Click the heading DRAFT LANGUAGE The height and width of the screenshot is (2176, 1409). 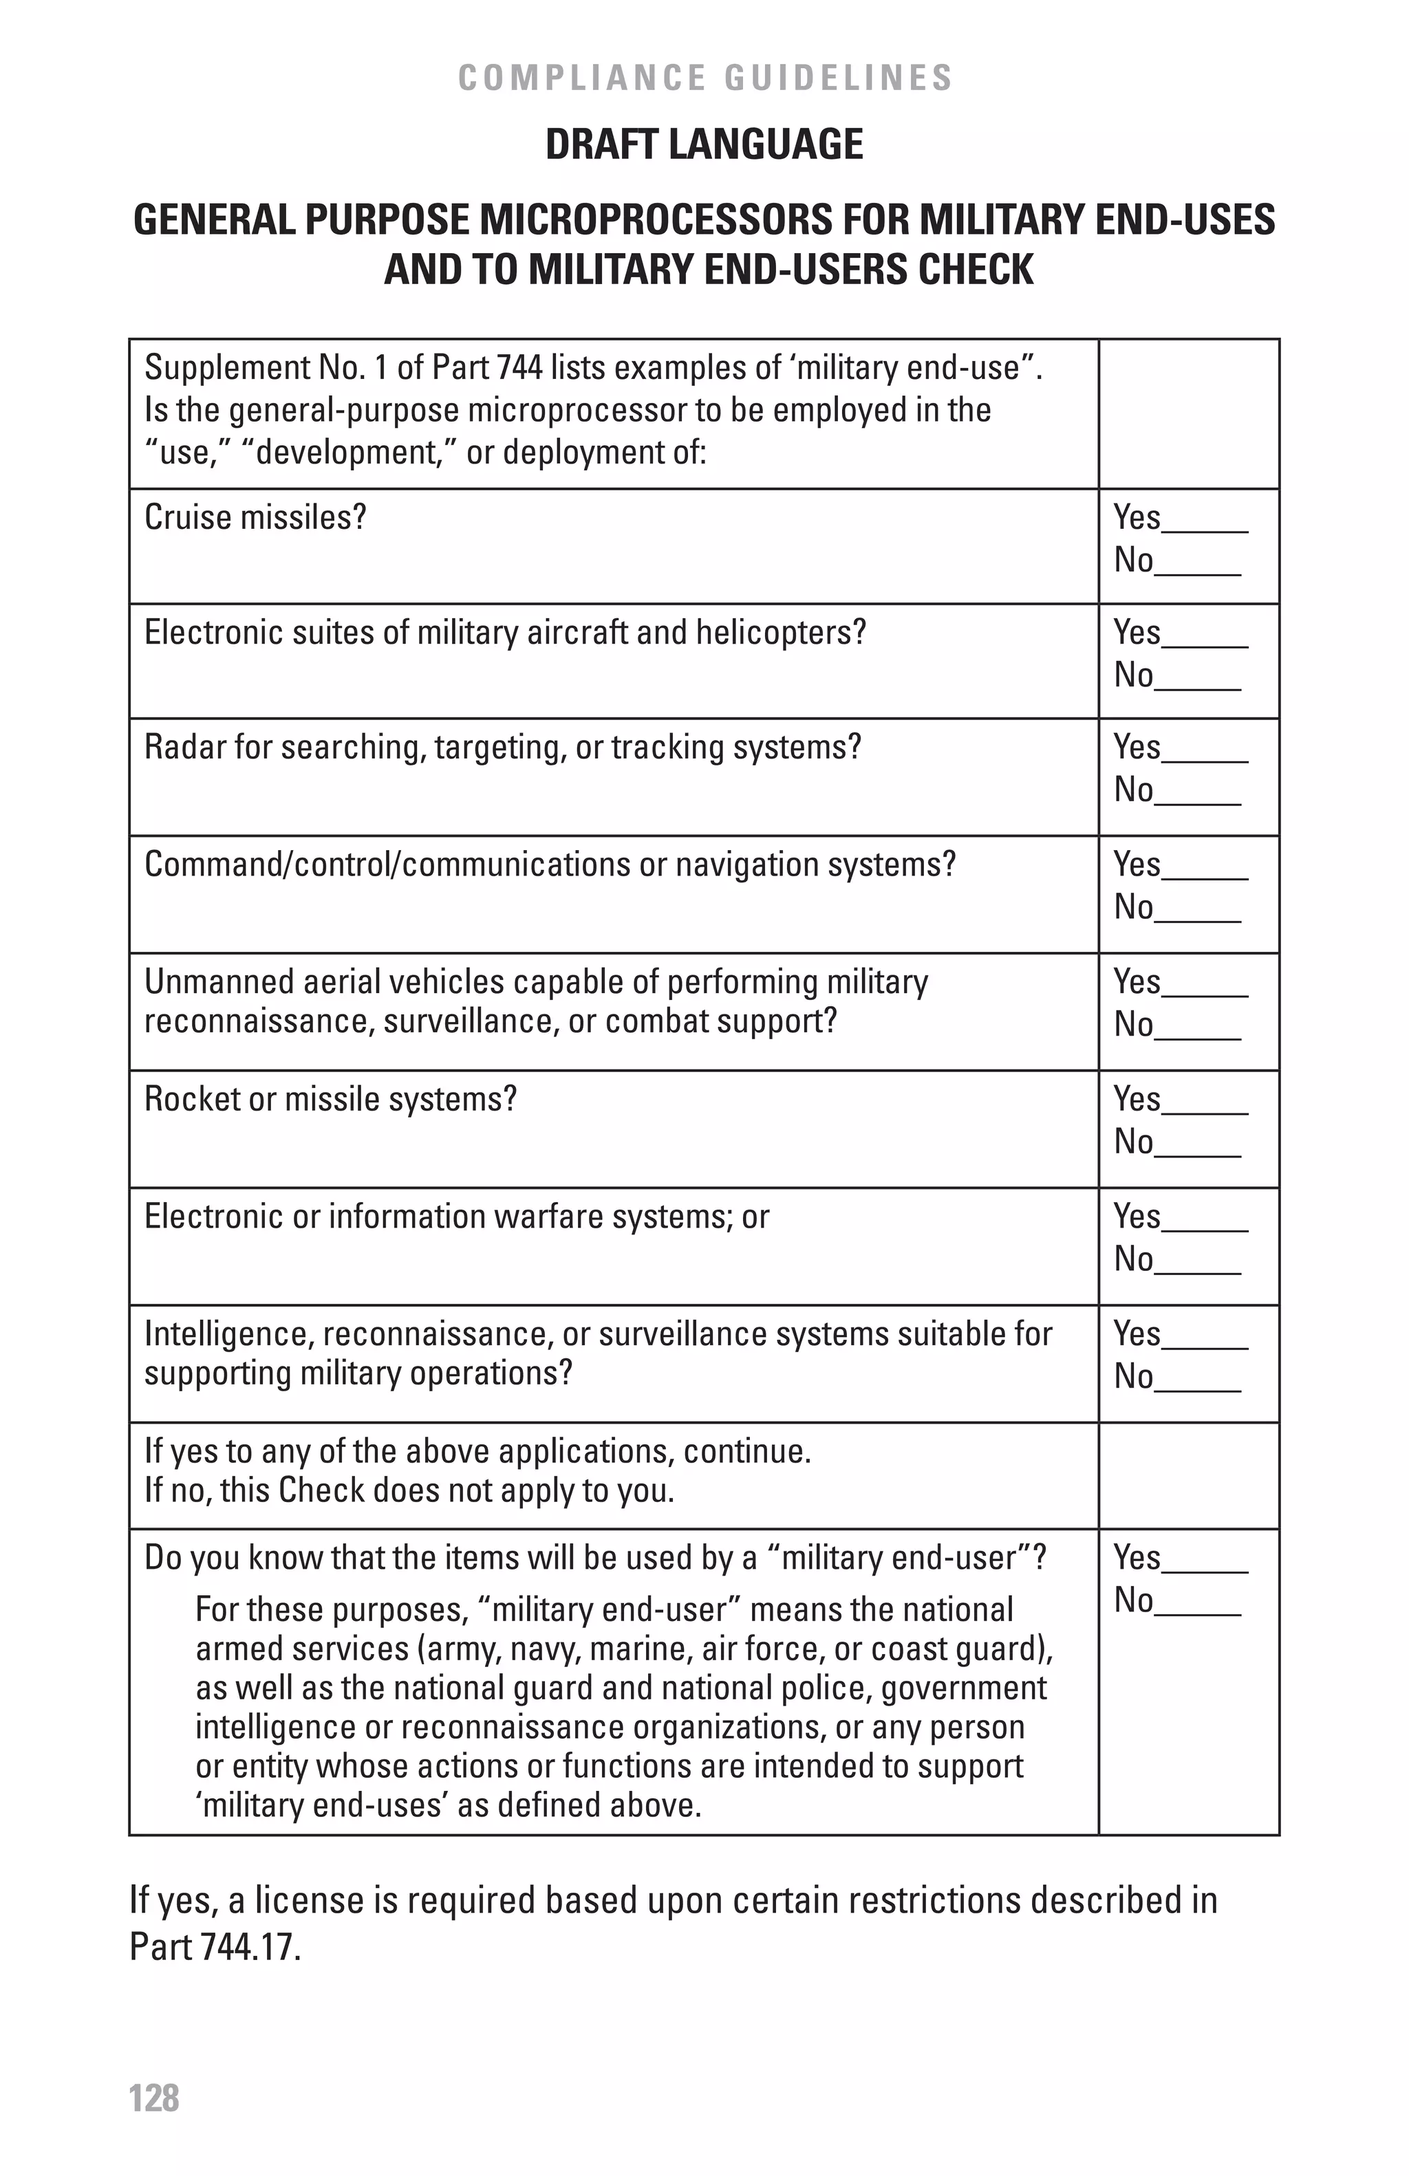coord(704,144)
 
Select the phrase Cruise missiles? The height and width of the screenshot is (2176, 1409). coord(255,517)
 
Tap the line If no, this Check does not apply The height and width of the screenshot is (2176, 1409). coord(409,1490)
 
